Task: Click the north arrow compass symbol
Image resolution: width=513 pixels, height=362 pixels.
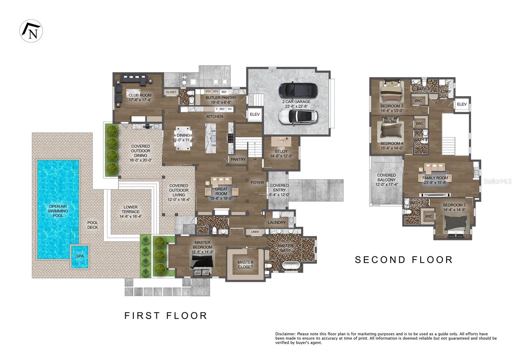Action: [x=31, y=31]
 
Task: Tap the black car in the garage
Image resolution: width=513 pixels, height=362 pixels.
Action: [x=298, y=90]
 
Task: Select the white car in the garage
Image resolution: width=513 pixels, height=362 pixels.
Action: [x=298, y=117]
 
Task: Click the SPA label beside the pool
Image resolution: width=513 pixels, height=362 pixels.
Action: [x=80, y=256]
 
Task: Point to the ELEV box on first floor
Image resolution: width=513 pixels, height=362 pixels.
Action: [x=255, y=114]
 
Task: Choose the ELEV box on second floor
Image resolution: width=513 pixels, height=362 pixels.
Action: [x=462, y=104]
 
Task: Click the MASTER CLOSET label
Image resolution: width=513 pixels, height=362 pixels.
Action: [x=245, y=265]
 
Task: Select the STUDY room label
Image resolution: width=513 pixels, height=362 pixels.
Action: [x=281, y=151]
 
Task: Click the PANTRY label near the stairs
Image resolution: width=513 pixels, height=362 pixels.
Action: [x=238, y=159]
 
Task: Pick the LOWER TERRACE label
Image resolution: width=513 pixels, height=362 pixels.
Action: [x=130, y=209]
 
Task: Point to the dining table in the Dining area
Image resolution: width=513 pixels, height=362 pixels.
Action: [x=183, y=137]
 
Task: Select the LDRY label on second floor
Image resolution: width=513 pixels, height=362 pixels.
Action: [x=446, y=92]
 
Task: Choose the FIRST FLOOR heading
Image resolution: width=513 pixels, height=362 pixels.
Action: [x=166, y=316]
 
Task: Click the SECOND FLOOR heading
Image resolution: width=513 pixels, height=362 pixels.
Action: [x=404, y=259]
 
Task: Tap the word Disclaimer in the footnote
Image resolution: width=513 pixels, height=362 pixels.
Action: [x=286, y=334]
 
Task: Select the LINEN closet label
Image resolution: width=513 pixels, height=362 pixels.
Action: [x=255, y=232]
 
